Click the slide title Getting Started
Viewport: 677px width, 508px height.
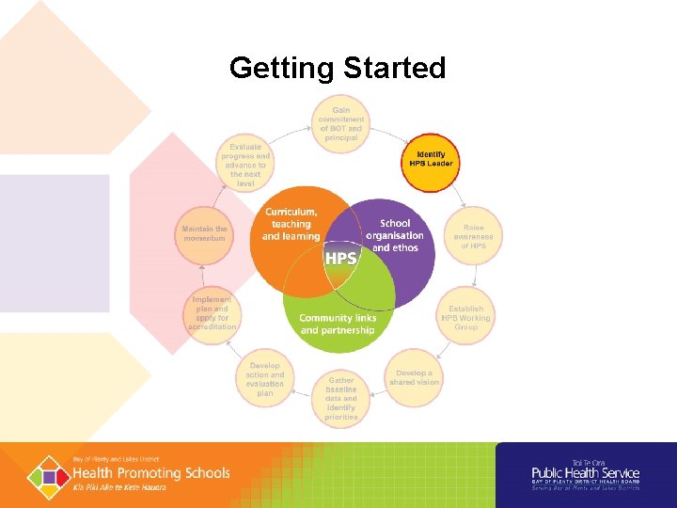(338, 69)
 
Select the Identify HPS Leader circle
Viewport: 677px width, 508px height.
(431, 160)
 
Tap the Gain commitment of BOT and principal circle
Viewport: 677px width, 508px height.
(340, 124)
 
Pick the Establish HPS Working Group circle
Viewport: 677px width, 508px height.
(466, 318)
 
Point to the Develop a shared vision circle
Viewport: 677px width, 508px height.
(414, 378)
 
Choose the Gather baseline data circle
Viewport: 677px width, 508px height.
(341, 399)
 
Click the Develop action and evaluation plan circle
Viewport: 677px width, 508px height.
(265, 379)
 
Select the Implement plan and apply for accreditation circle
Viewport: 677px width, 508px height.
(212, 313)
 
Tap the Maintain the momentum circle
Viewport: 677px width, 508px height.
(204, 233)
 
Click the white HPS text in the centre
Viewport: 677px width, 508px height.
(340, 258)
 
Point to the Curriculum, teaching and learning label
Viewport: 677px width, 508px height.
(291, 224)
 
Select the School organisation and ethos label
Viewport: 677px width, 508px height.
(395, 236)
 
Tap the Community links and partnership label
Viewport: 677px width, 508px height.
(338, 324)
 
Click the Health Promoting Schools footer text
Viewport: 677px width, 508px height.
(151, 472)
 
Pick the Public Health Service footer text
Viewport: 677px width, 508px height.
(585, 473)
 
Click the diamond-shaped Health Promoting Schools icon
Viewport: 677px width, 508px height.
(47, 476)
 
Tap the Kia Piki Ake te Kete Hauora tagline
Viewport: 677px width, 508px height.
(119, 487)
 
